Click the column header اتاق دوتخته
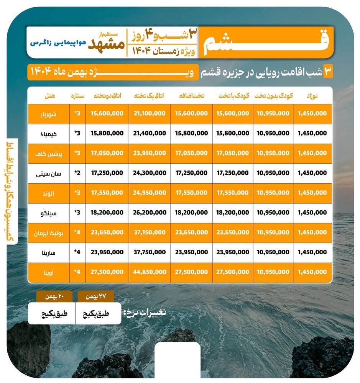pos(107,96)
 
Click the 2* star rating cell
pos(77,173)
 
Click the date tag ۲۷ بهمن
pos(95,296)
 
